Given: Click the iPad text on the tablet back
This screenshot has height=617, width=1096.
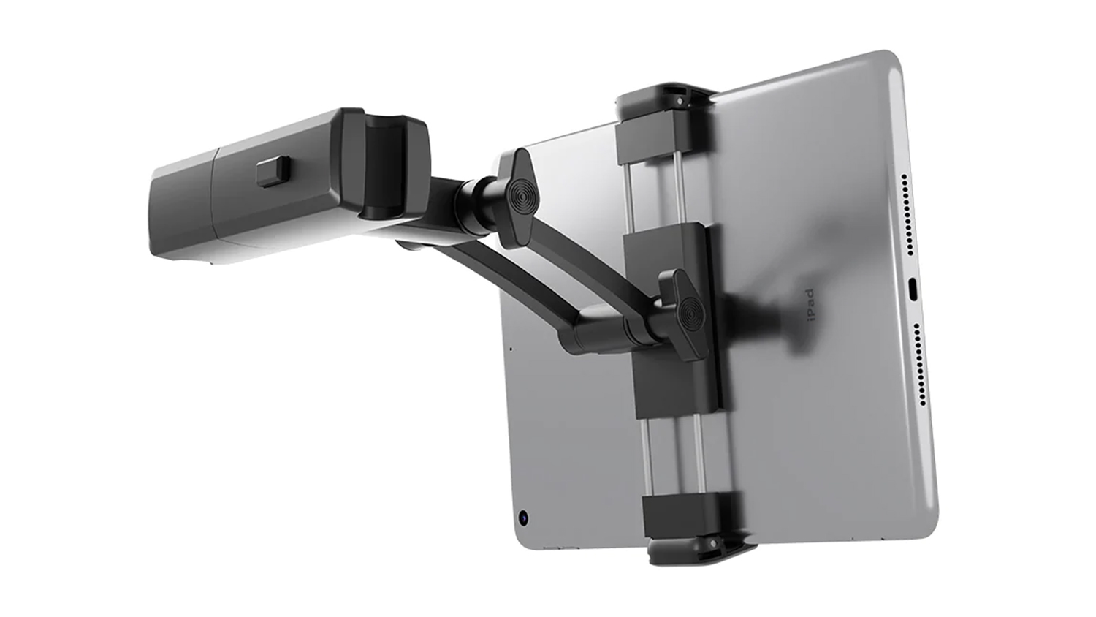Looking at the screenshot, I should (x=808, y=305).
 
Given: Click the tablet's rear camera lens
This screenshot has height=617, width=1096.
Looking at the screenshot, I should (x=524, y=518).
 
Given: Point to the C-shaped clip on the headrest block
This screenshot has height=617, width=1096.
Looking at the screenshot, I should (x=392, y=165).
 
